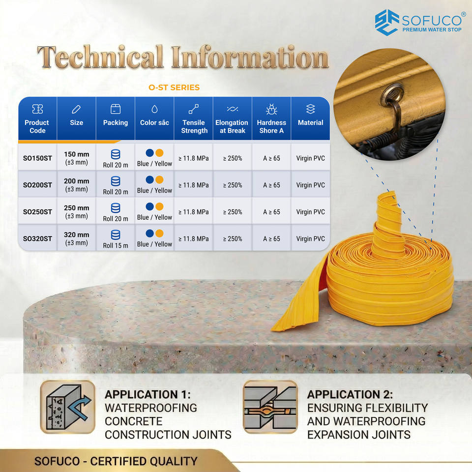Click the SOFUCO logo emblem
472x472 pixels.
coord(387,22)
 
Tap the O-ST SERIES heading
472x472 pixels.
coord(174,88)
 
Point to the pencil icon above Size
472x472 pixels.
coord(76,109)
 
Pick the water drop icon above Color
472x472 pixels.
coord(154,109)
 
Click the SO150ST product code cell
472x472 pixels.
coord(38,158)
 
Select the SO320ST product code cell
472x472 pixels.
coord(38,239)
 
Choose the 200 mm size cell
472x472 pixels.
coord(77,185)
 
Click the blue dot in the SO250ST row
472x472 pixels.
coord(149,206)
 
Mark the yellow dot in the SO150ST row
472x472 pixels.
coord(159,153)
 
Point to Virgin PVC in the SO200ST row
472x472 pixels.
coord(310,185)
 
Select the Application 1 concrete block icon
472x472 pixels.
coord(68,407)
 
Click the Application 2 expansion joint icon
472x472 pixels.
coord(270,407)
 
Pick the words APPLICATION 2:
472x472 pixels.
coord(350,394)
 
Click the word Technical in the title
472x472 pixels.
coord(100,57)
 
